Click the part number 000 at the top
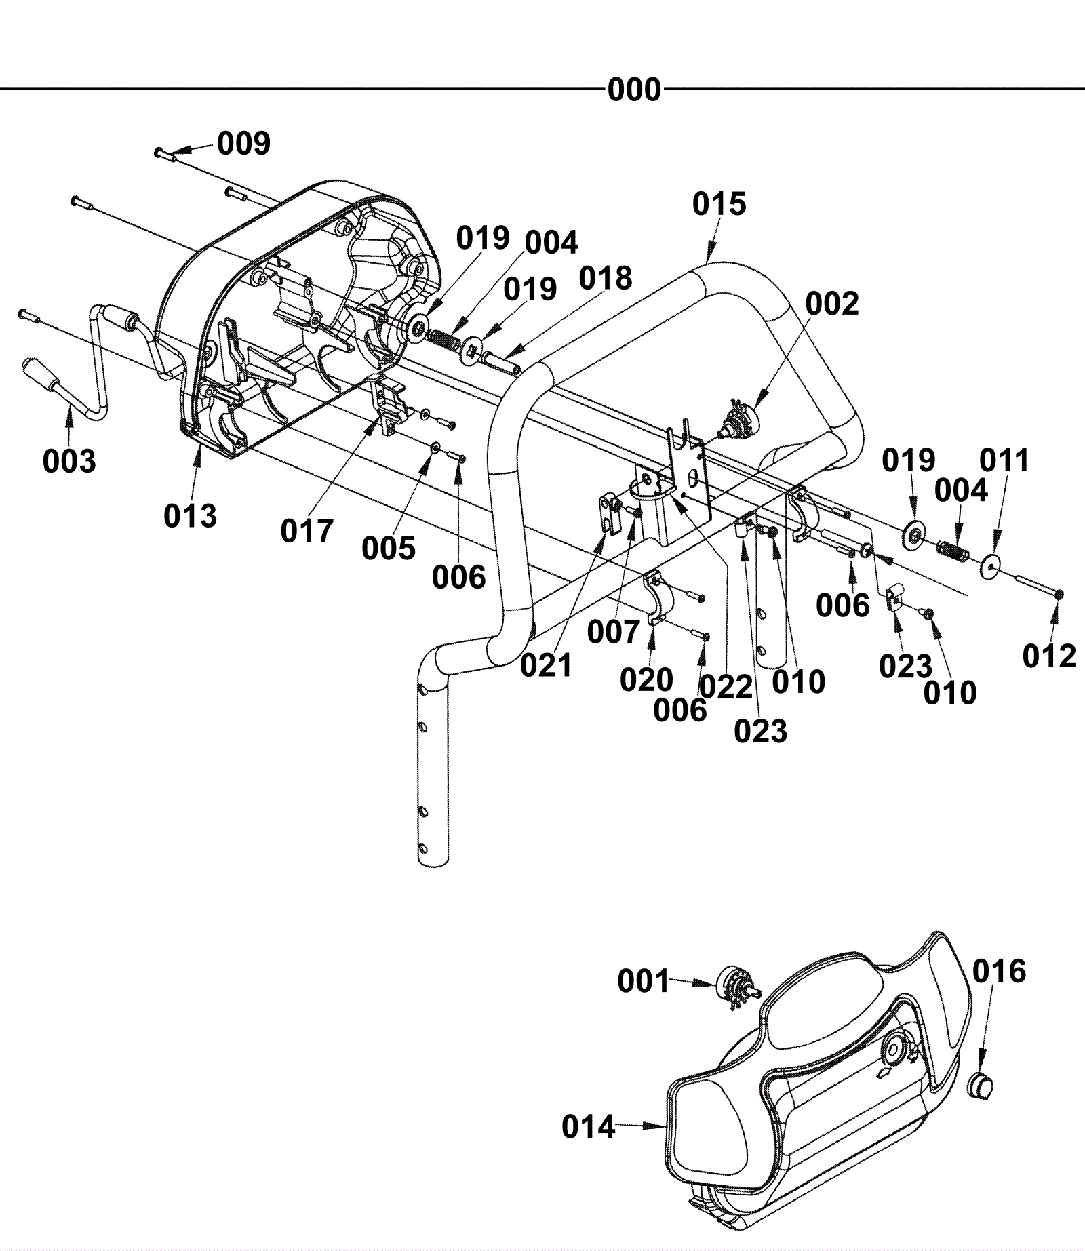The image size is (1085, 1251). tap(634, 90)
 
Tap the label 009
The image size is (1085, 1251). tap(243, 143)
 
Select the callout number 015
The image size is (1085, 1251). tap(719, 203)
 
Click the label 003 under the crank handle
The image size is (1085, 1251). tap(69, 461)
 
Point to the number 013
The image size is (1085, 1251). tap(190, 516)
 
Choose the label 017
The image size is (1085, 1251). tap(307, 531)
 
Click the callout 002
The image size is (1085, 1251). tap(832, 304)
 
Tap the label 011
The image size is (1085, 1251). tap(1004, 461)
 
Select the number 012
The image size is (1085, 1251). tap(1049, 656)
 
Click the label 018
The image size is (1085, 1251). tap(606, 278)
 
